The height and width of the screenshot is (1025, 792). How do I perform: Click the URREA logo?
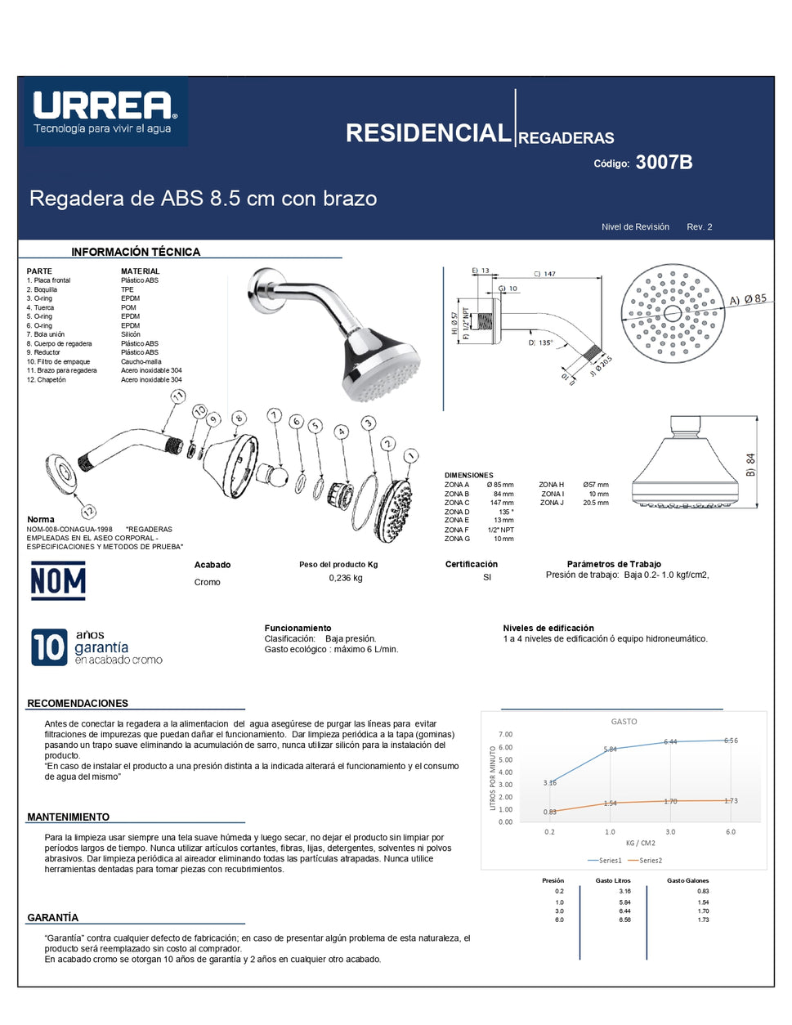(x=105, y=111)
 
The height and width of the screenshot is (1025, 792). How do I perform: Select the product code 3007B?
(x=664, y=163)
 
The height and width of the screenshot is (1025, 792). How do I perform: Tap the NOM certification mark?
(x=58, y=581)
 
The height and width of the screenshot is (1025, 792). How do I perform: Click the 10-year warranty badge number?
(x=48, y=647)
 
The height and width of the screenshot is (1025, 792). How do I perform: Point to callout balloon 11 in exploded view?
(x=178, y=396)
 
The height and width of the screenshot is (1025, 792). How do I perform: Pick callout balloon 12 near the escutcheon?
(x=88, y=512)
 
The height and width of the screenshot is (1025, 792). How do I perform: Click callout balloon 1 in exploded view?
(x=411, y=455)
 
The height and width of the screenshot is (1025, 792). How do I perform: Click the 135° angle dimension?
(x=540, y=342)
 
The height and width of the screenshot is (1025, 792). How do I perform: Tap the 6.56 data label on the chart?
(x=731, y=741)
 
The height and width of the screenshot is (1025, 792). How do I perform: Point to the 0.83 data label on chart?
(x=550, y=812)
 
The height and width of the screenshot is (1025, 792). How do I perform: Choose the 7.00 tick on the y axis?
(x=506, y=734)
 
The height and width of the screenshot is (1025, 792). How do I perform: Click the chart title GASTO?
(x=624, y=722)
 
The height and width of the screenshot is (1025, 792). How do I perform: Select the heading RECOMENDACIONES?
(x=78, y=703)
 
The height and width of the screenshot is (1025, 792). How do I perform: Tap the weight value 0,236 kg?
(x=346, y=578)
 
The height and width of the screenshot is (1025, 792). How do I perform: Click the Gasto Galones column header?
(x=687, y=880)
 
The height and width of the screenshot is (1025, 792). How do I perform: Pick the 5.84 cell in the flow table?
(x=624, y=902)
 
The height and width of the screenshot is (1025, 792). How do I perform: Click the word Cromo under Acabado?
(x=207, y=582)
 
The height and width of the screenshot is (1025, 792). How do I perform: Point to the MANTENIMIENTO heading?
(x=68, y=817)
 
